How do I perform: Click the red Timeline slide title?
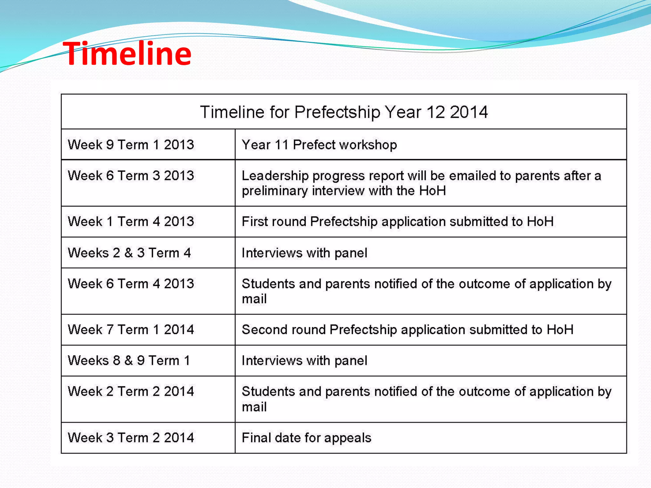127,54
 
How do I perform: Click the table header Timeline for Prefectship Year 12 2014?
344,112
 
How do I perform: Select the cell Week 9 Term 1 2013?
131,145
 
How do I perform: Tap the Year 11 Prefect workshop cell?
319,145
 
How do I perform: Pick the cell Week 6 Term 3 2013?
131,176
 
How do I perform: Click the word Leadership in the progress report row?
275,176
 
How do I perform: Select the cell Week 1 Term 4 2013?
131,221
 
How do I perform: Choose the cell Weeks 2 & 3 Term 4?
129,253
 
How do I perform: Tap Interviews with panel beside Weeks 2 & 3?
304,253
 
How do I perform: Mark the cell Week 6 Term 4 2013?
131,284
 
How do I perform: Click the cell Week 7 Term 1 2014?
131,329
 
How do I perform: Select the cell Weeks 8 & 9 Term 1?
129,361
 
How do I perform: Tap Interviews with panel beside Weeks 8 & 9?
304,361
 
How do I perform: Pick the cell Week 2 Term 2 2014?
131,391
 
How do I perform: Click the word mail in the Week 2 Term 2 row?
254,407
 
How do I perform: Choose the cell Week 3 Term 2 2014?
131,438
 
